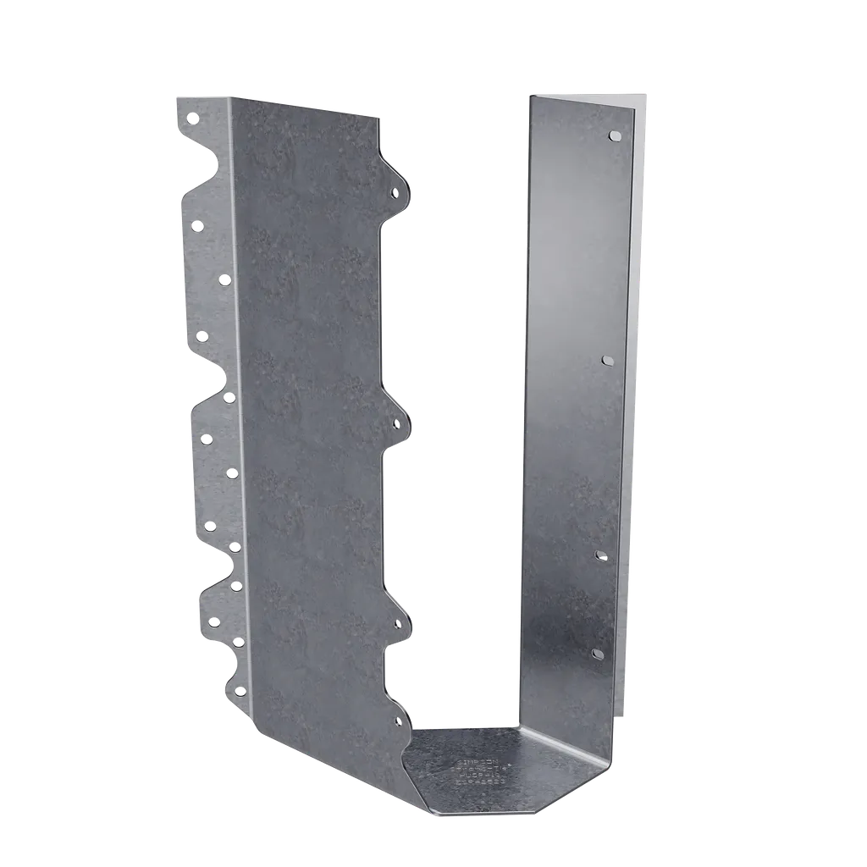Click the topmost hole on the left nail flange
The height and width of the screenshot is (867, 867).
pos(192,118)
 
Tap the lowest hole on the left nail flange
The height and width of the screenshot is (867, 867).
pos(240,692)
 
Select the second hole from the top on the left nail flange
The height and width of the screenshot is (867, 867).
pos(197,225)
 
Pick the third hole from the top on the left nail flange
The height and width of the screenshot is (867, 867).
pos(224,279)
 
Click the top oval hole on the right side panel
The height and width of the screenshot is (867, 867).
pos(615,135)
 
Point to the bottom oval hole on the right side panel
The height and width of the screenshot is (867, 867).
pos(597,654)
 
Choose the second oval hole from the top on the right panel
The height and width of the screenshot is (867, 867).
pos(607,360)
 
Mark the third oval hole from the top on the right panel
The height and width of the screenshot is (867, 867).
pos(601,555)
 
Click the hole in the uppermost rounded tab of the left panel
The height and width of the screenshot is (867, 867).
pos(395,194)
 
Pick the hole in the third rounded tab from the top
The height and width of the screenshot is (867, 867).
pos(398,625)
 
